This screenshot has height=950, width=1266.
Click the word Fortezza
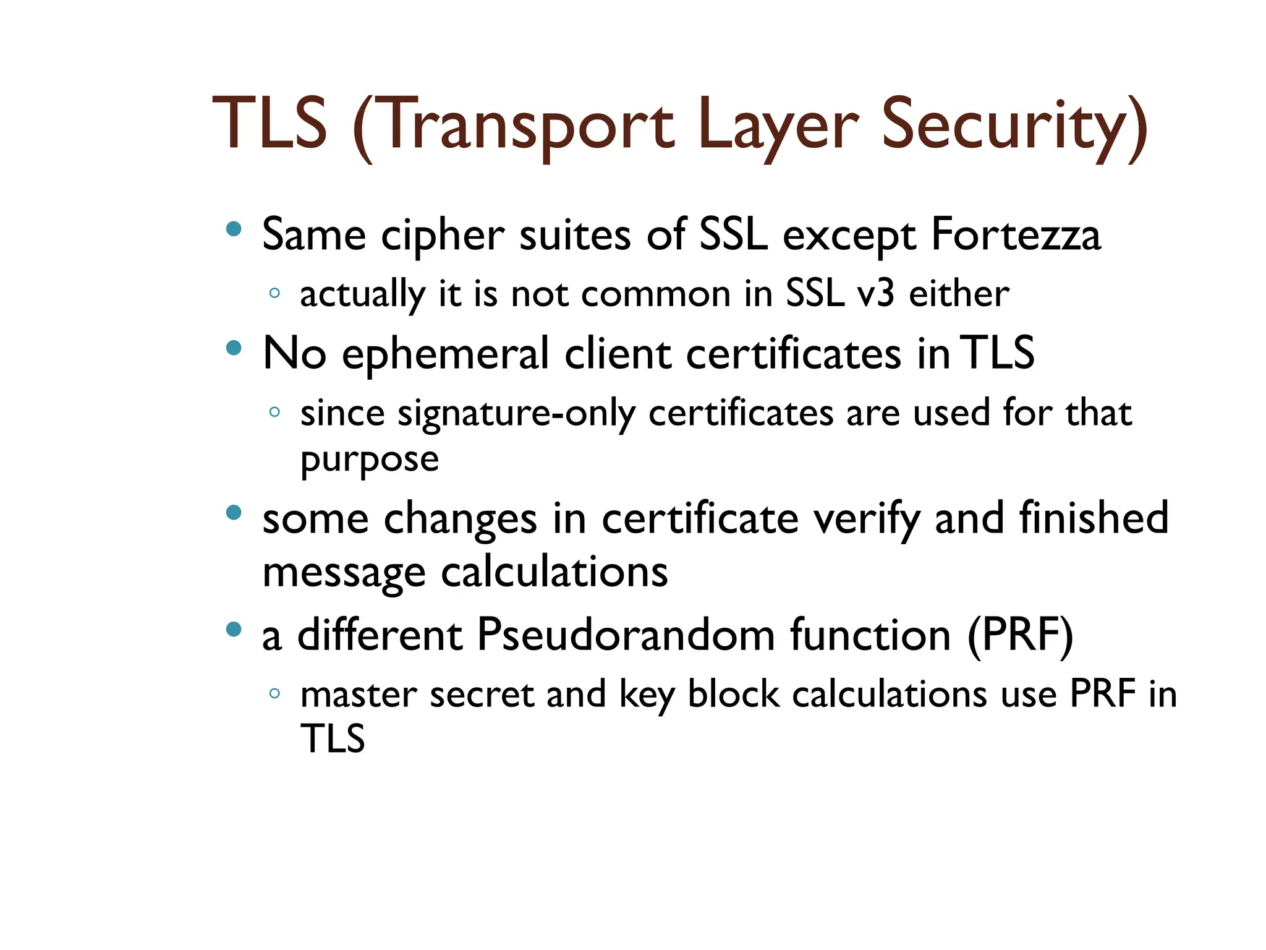(x=1016, y=235)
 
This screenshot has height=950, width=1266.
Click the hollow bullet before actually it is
(x=275, y=293)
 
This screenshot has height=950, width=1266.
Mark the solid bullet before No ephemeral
(x=234, y=348)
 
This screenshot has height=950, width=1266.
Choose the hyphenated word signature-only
(x=516, y=413)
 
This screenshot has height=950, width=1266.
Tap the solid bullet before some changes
(x=234, y=513)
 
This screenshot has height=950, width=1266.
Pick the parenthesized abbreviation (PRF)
(x=1020, y=636)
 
